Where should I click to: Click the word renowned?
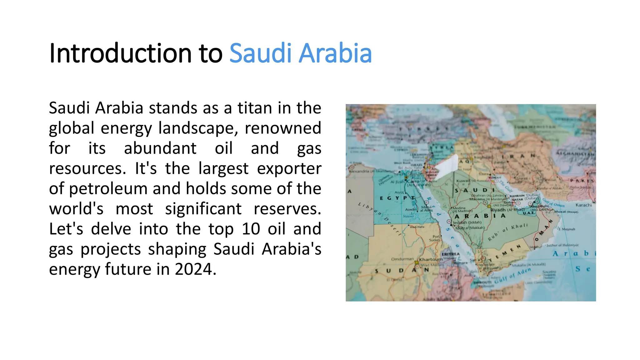click(x=283, y=128)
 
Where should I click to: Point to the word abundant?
click(x=160, y=148)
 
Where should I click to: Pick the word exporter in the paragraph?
click(x=289, y=168)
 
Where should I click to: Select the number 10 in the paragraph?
click(x=251, y=229)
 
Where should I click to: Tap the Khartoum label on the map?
click(x=431, y=259)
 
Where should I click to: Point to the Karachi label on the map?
click(x=583, y=205)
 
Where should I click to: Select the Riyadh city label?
click(x=497, y=210)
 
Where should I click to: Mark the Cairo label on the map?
click(x=413, y=181)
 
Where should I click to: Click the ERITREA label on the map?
click(x=450, y=254)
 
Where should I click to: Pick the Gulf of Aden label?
click(x=512, y=275)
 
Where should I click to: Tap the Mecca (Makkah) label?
click(x=470, y=228)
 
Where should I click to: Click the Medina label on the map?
click(x=459, y=208)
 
